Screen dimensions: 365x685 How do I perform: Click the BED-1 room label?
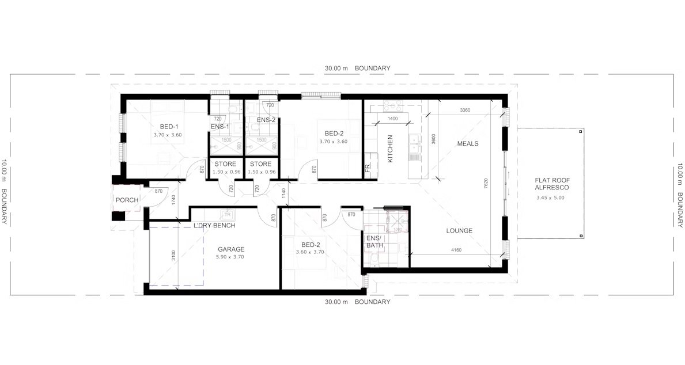point(168,127)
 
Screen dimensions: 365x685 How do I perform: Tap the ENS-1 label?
point(219,127)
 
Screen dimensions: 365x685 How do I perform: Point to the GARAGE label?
point(231,249)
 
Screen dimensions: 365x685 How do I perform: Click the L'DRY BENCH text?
point(214,225)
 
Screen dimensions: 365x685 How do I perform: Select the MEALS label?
point(468,143)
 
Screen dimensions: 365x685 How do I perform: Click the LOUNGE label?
point(459,231)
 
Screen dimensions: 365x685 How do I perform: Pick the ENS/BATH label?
point(375,242)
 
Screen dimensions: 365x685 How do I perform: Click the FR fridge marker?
point(368,169)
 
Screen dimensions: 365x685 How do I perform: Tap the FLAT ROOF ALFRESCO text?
point(552,184)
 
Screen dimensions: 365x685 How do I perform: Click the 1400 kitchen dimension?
point(392,119)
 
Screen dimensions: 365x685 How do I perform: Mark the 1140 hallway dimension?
point(283,194)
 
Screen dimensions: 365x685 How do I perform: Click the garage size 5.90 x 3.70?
point(231,257)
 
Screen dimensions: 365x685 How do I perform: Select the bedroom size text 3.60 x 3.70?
point(310,252)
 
